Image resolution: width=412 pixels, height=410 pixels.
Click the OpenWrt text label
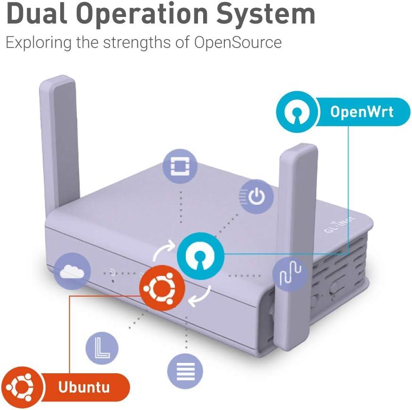pos(362,112)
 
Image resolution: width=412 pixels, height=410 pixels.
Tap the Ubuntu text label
pos(84,387)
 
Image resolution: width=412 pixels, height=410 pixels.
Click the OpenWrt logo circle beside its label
pos(296,112)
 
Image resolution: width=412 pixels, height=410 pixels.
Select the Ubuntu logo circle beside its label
pos(21,387)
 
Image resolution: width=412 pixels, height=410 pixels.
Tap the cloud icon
pos(72,271)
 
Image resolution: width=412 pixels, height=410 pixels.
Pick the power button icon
pos(256,197)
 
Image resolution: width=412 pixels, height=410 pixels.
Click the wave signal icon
pos(290,274)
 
